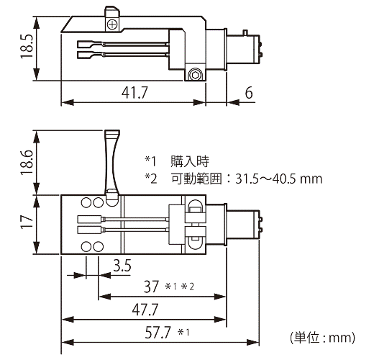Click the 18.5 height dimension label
tap(27, 46)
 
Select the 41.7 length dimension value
tap(134, 92)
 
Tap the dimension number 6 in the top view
tap(249, 92)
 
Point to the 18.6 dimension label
tap(27, 163)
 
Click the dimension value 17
tap(27, 222)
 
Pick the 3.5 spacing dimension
tap(122, 266)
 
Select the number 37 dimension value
tap(151, 287)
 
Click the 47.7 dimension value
tap(145, 310)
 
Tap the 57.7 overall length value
tap(158, 332)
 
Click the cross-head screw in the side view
tap(112, 24)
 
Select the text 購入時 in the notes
tap(190, 161)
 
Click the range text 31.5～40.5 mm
tap(278, 179)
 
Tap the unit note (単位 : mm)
tap(322, 338)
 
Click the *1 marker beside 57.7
tap(183, 332)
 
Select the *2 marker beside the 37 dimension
tap(188, 287)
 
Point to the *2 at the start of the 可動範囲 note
tap(151, 179)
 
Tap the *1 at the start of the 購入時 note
tap(150, 161)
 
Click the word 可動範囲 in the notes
tap(196, 179)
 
